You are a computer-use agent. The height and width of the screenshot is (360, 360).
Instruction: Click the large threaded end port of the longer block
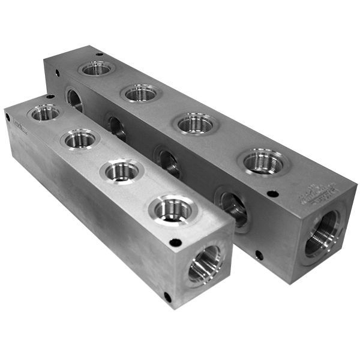coord(322,233)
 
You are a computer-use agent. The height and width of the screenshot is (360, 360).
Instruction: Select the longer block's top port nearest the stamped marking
coord(262,161)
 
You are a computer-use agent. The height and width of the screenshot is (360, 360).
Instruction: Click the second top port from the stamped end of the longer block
coord(196,123)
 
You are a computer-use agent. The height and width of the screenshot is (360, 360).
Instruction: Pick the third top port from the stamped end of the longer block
coord(141,92)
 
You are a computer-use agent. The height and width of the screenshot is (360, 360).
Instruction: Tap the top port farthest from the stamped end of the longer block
coord(97,68)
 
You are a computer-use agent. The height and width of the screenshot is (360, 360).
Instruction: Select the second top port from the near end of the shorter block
coord(122,172)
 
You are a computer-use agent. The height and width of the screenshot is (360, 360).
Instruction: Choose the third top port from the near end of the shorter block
coord(80,140)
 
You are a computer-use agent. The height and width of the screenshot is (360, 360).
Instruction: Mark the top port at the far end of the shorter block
coord(46,112)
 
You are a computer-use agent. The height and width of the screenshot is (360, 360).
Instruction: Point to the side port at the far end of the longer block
coord(74,99)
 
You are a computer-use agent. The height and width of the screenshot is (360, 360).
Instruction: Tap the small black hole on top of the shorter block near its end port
coord(175,242)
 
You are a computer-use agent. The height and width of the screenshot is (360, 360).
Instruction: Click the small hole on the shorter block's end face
coord(168,296)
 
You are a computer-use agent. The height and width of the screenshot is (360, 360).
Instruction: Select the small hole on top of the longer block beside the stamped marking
coord(272,194)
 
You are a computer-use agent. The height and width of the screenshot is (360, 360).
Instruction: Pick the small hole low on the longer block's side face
coord(259,255)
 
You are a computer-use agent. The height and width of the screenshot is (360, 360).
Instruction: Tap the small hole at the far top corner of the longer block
coord(57,74)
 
